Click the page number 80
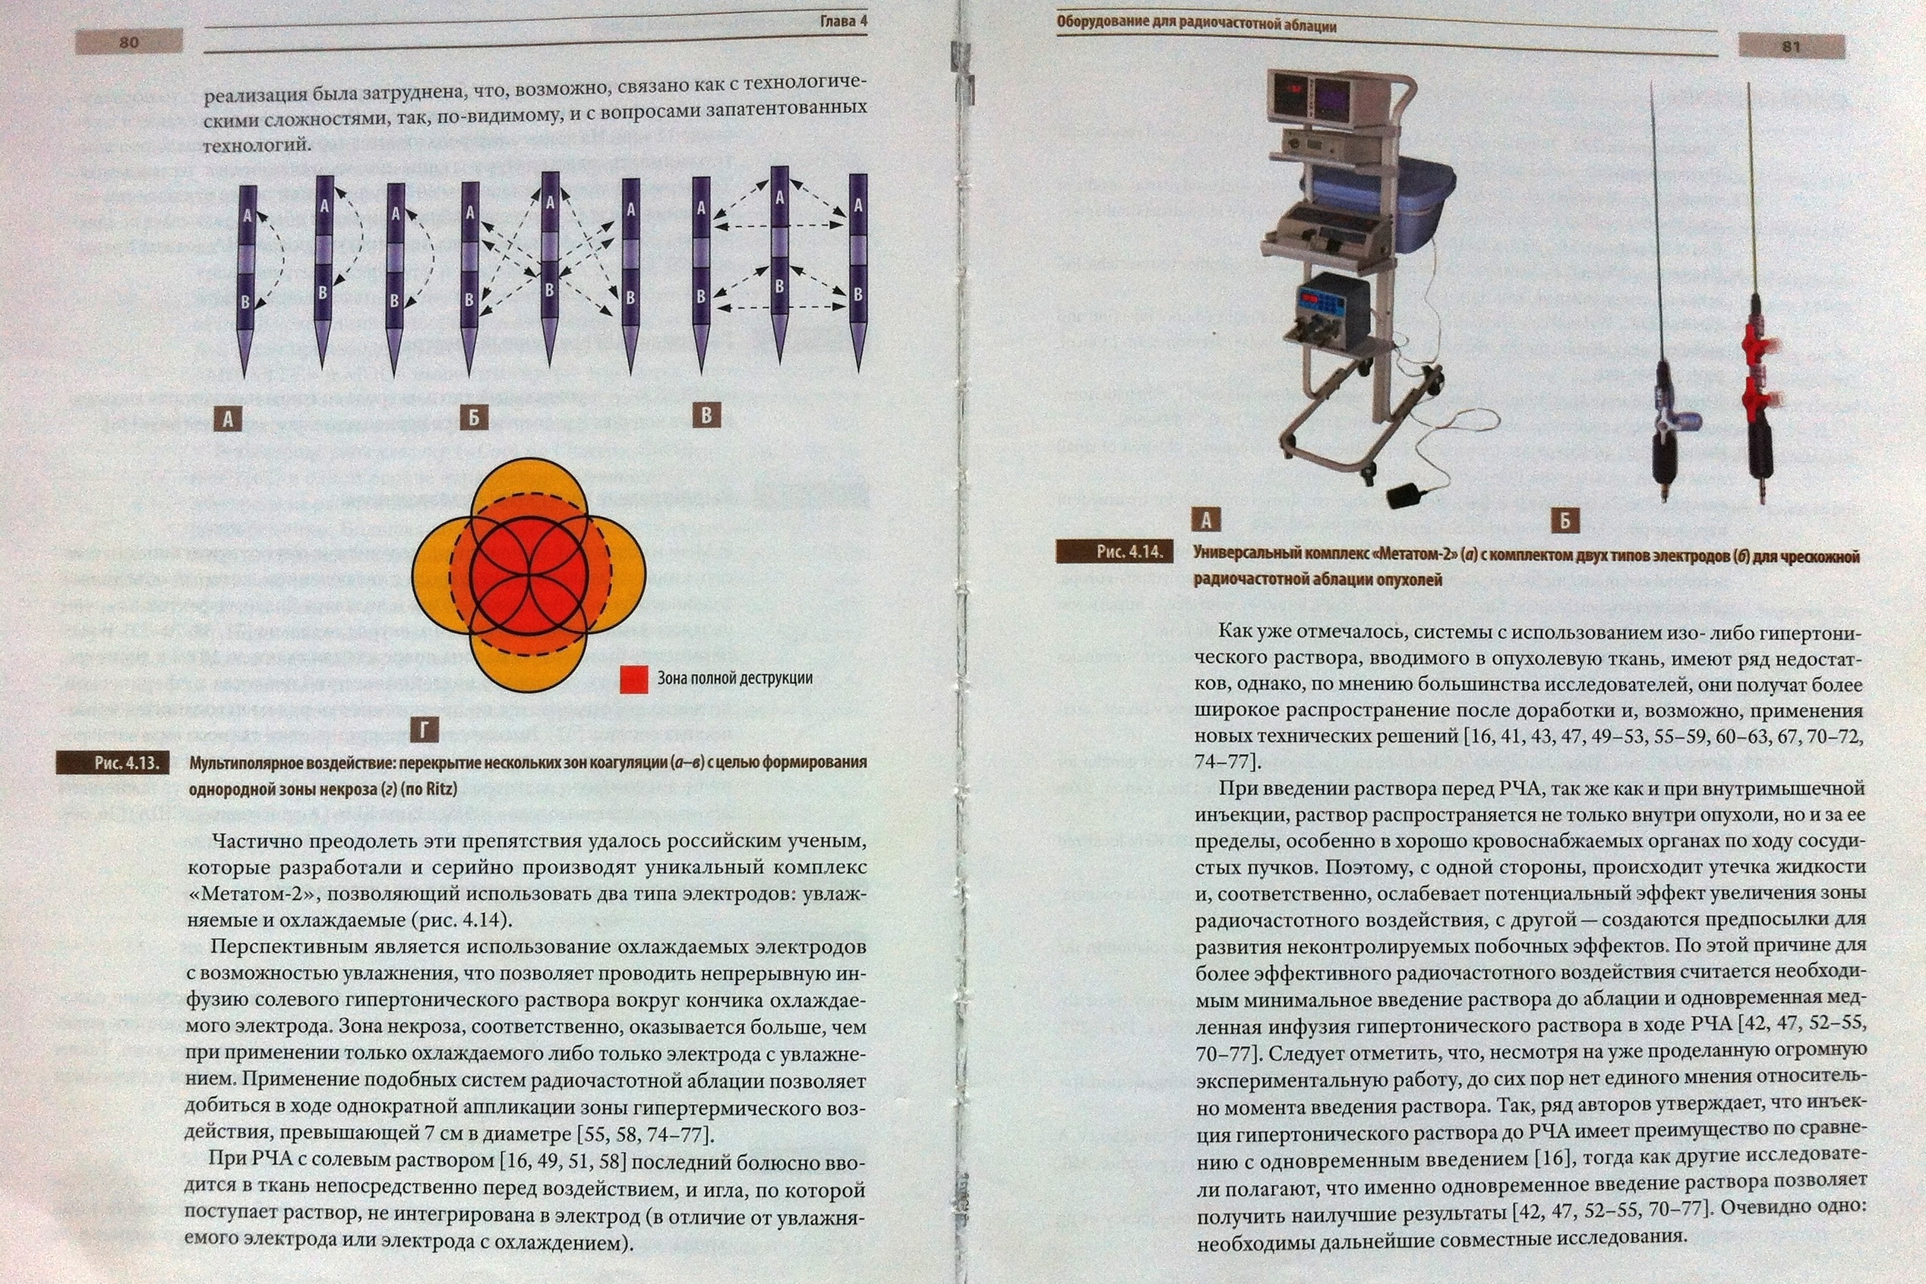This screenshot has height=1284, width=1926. pos(128,42)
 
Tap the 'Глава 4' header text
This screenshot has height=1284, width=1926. pos(843,21)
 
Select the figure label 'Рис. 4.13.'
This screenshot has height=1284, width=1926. pos(113,763)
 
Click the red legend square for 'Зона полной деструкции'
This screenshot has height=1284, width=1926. pos(635,679)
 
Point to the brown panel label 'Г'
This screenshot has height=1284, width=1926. pos(423,730)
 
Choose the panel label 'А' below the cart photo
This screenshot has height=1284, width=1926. pos(1206,519)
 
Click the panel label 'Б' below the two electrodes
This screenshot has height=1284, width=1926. pos(1564,521)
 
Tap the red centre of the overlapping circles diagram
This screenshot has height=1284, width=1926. pos(530,573)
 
